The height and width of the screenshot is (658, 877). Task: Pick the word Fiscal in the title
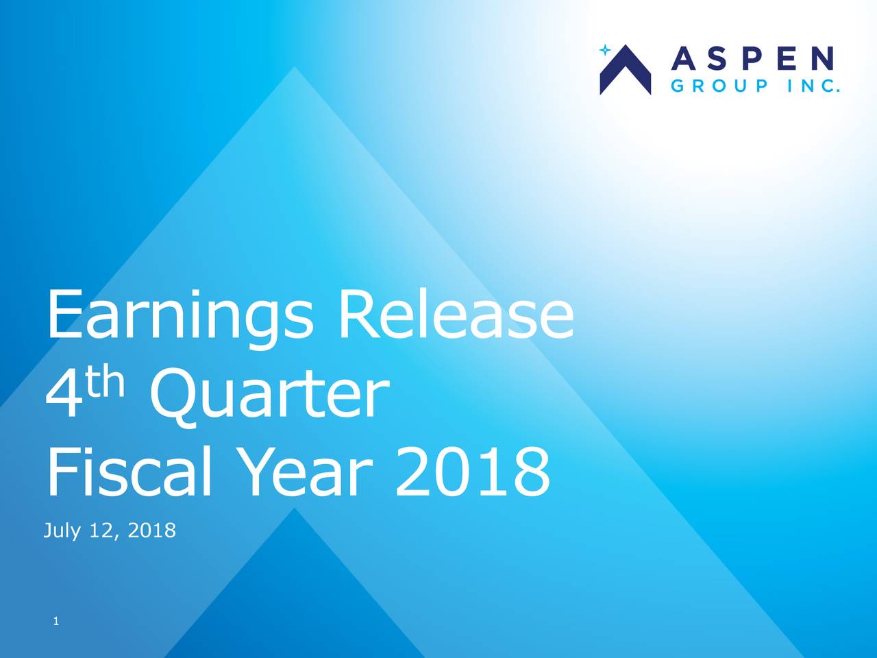(129, 472)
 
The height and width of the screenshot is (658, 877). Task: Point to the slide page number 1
(56, 621)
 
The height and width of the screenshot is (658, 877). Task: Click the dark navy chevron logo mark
(626, 70)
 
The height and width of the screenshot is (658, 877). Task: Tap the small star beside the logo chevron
(605, 50)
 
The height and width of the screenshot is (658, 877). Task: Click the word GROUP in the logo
(719, 86)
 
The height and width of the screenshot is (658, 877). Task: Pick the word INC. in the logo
(813, 86)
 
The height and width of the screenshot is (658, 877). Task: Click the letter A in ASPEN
(684, 59)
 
